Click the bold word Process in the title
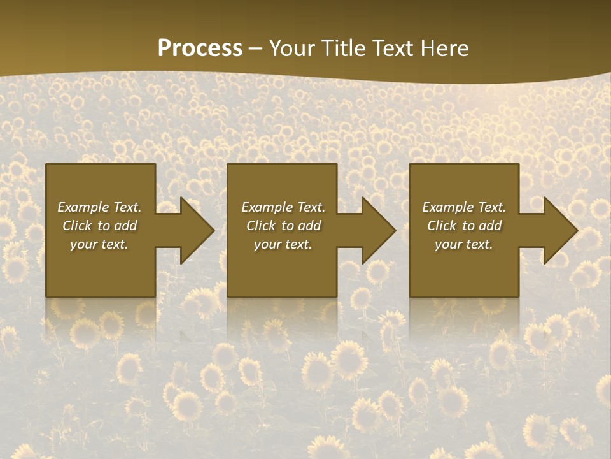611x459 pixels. [x=200, y=48]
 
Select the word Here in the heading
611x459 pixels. [x=444, y=48]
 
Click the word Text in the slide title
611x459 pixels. [x=394, y=48]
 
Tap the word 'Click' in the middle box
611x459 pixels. [x=261, y=226]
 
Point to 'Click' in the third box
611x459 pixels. [x=442, y=226]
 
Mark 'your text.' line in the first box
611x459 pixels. [x=99, y=244]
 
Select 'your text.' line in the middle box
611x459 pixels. [x=283, y=244]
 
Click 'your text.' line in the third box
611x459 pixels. [x=464, y=244]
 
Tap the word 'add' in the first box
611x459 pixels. [x=125, y=226]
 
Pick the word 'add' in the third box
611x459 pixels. [x=490, y=226]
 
